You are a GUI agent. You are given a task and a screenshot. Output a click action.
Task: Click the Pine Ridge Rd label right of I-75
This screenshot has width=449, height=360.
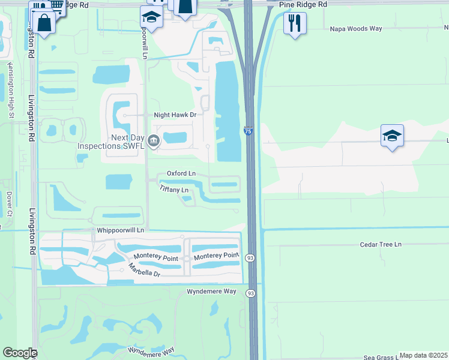pyautogui.click(x=303, y=4)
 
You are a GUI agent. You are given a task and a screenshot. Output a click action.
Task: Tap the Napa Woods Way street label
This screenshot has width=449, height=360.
pyautogui.click(x=357, y=28)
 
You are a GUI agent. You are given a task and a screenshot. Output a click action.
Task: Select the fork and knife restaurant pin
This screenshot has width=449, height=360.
pyautogui.click(x=294, y=23)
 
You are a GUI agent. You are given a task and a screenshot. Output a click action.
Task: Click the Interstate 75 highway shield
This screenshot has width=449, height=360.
pyautogui.click(x=248, y=131)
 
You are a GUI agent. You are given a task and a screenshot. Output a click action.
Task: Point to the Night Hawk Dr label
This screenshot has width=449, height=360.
pyautogui.click(x=175, y=115)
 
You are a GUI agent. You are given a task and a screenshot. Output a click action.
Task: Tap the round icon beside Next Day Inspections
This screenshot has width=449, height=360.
pyautogui.click(x=154, y=142)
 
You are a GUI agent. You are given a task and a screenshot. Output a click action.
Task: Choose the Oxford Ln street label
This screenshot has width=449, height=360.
pyautogui.click(x=181, y=173)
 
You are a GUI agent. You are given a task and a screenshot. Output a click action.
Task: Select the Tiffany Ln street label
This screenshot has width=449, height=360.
pyautogui.click(x=175, y=190)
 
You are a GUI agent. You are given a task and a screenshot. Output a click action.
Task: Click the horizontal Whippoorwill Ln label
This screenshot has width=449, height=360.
pyautogui.click(x=121, y=230)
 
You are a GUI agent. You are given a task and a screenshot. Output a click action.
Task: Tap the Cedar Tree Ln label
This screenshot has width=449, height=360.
pyautogui.click(x=381, y=244)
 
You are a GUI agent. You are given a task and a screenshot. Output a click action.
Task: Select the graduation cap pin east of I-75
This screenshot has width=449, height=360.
pyautogui.click(x=392, y=136)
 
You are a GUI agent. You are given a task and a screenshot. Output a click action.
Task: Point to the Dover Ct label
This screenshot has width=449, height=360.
pyautogui.click(x=9, y=204)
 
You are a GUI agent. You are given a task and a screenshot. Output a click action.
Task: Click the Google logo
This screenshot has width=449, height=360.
pyautogui.click(x=19, y=353)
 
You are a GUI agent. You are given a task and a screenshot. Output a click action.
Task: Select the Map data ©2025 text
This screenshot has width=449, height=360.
pyautogui.click(x=423, y=355)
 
